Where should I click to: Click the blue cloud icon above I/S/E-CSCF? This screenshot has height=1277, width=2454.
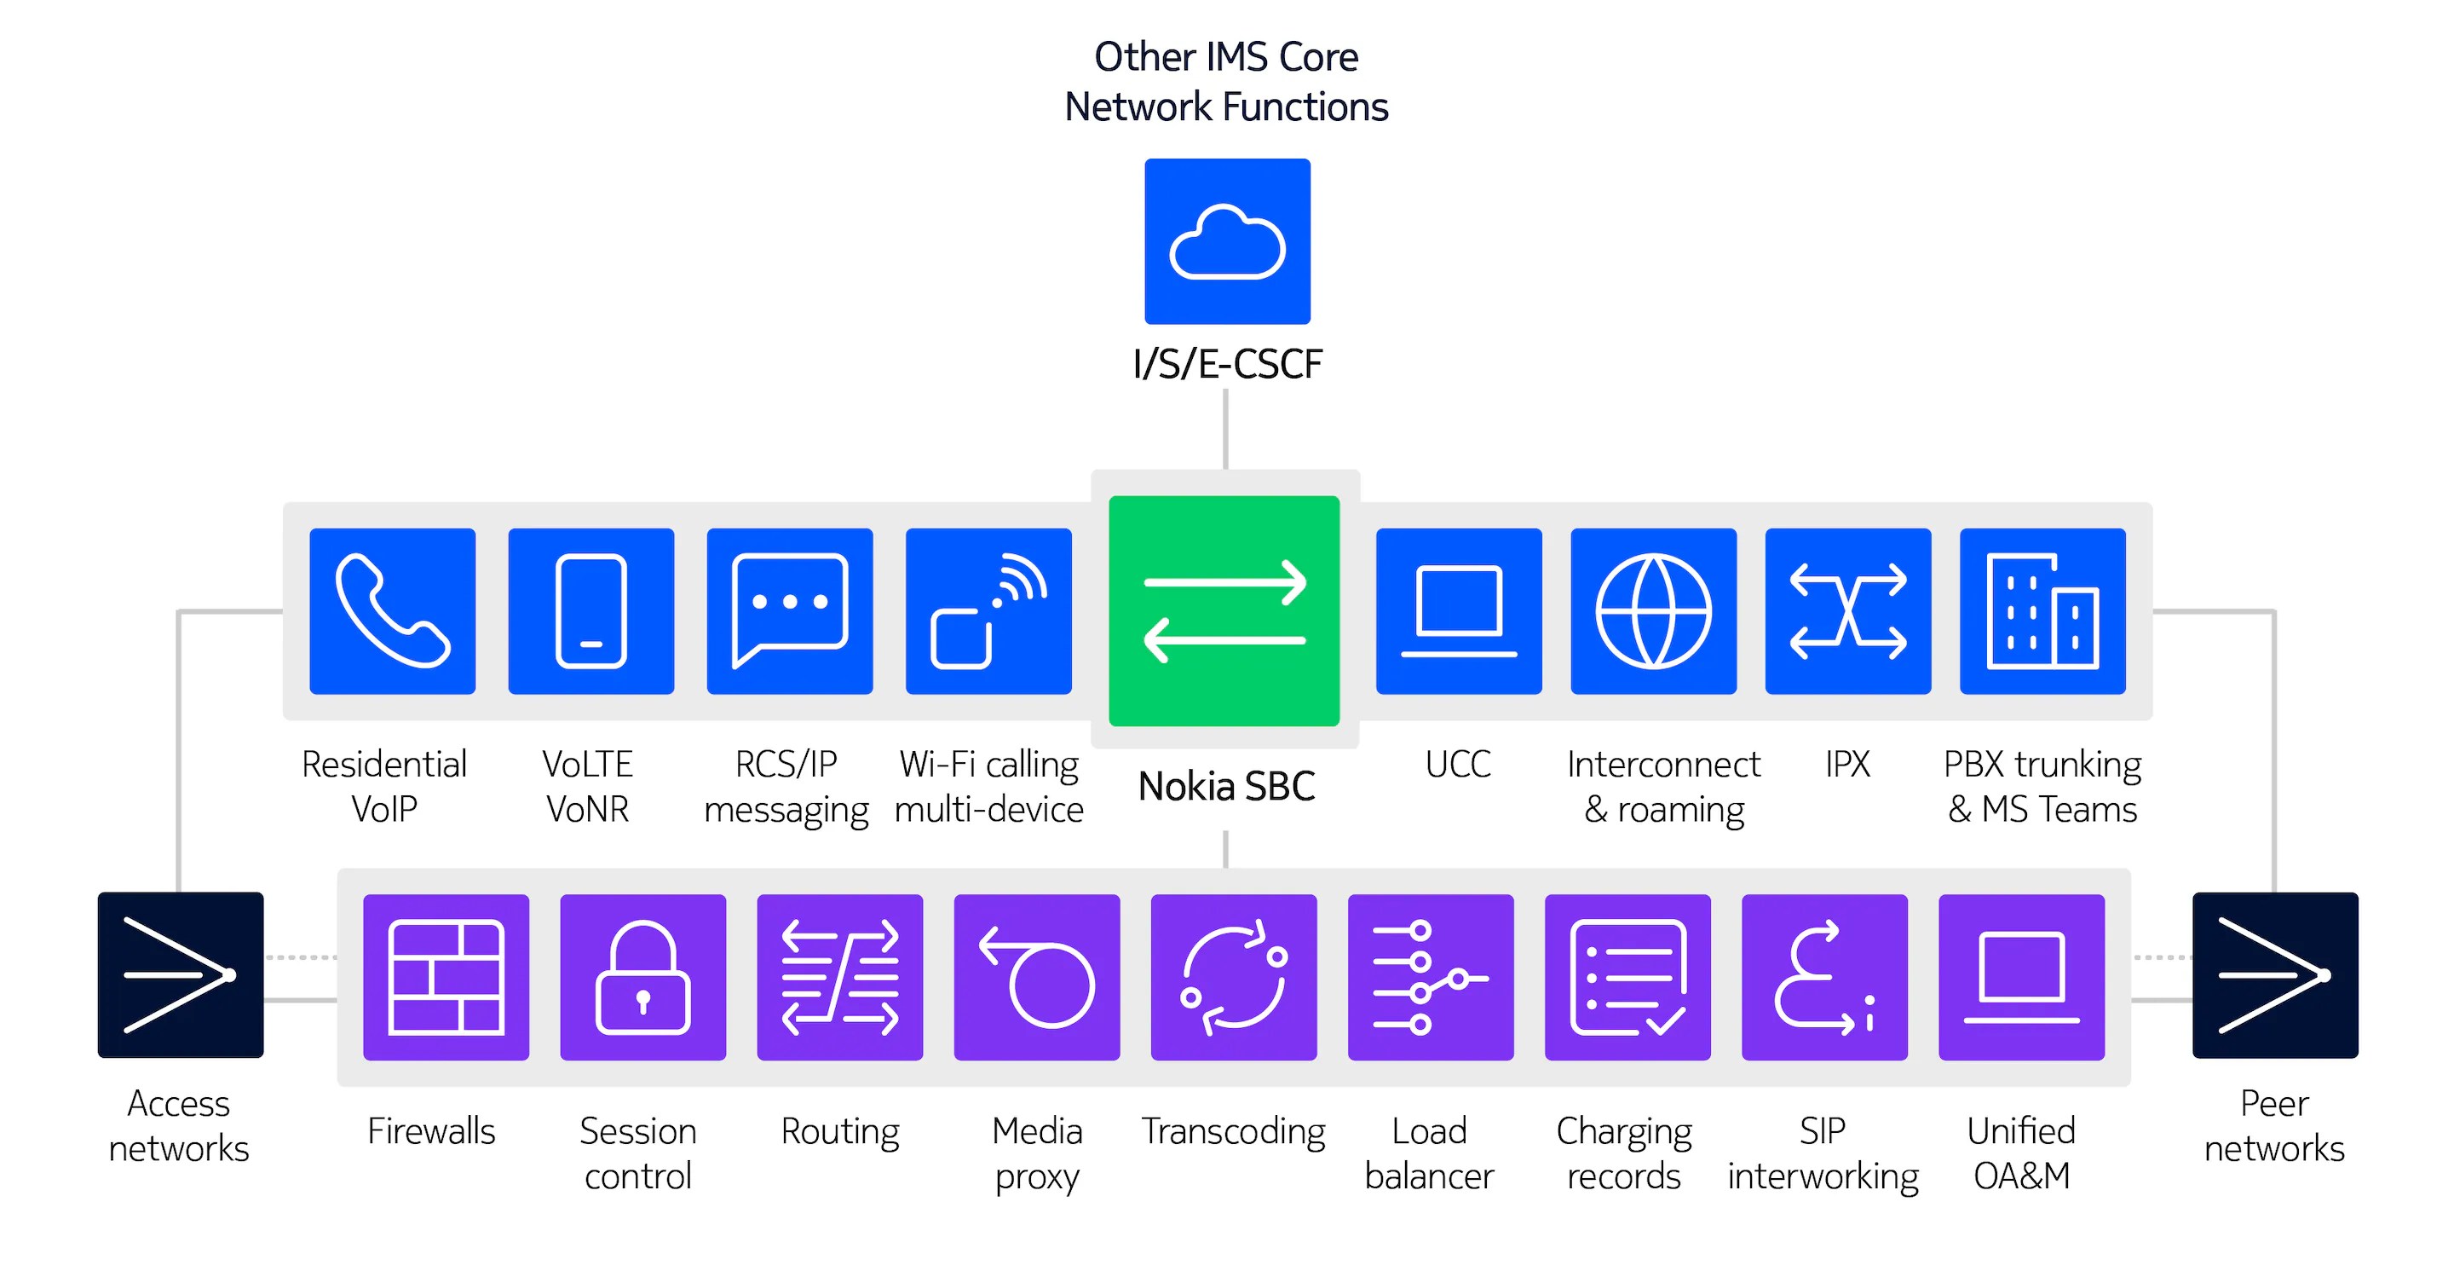pyautogui.click(x=1227, y=241)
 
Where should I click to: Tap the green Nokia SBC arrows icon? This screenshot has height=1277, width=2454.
pyautogui.click(x=1224, y=611)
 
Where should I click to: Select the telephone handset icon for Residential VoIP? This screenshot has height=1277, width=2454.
pyautogui.click(x=393, y=611)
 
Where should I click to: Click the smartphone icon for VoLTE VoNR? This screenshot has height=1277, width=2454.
pyautogui.click(x=590, y=611)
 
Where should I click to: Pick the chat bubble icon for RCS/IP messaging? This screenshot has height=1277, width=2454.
pyautogui.click(x=790, y=611)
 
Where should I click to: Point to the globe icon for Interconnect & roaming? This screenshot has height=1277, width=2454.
pyautogui.click(x=1653, y=611)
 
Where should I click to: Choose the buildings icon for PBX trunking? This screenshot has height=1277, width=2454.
pyautogui.click(x=2042, y=611)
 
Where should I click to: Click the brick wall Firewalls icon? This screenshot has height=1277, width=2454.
pyautogui.click(x=446, y=977)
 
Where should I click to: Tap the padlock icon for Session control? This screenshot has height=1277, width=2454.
pyautogui.click(x=643, y=977)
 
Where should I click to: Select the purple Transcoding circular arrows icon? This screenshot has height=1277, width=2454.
pyautogui.click(x=1234, y=977)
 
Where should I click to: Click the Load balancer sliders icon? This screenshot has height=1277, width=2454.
pyautogui.click(x=1430, y=977)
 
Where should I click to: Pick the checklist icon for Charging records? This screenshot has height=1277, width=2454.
pyautogui.click(x=1627, y=977)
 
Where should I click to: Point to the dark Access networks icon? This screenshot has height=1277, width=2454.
pyautogui.click(x=180, y=974)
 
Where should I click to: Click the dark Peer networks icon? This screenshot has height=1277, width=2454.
pyautogui.click(x=2275, y=974)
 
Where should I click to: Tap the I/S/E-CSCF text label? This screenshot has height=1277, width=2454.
pyautogui.click(x=1227, y=364)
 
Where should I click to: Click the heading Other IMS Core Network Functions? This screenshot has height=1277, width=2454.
pyautogui.click(x=1226, y=82)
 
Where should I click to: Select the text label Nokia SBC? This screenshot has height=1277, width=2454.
pyautogui.click(x=1226, y=786)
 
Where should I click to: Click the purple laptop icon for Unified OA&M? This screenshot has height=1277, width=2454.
pyautogui.click(x=2021, y=977)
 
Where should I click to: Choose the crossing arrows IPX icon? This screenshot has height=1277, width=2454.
pyautogui.click(x=1848, y=611)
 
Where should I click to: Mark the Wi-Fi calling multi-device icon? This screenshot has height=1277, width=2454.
pyautogui.click(x=988, y=611)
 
